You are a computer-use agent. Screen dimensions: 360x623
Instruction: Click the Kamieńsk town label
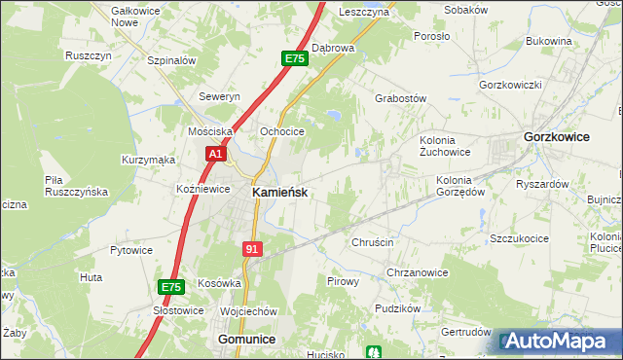[280, 193]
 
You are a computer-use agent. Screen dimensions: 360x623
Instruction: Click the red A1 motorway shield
[216, 154]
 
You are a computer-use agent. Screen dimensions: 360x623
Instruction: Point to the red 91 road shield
[253, 249]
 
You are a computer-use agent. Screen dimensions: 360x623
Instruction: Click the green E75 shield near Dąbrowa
[295, 59]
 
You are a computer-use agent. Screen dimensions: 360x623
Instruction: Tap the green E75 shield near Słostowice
[170, 287]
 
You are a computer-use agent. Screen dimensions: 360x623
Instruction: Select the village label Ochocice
[282, 131]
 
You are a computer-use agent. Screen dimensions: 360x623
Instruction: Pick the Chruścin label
[371, 242]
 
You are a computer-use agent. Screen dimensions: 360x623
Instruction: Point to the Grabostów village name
[401, 98]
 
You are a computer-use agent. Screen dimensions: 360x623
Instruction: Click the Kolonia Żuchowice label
[445, 145]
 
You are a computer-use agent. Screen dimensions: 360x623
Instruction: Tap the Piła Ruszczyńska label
[76, 186]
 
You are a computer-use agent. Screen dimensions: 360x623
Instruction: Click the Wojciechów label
[249, 310]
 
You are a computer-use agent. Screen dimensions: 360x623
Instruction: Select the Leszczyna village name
[364, 12]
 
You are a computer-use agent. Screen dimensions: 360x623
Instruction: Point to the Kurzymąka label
[148, 160]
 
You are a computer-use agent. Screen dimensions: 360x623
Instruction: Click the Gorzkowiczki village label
[510, 85]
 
